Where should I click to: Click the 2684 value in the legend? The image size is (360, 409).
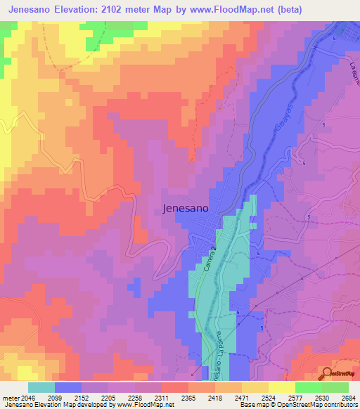point(347,398)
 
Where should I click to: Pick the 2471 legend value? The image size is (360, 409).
point(254,398)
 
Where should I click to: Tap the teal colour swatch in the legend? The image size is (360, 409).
point(41,387)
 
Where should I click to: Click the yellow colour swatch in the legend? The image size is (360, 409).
point(281,387)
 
